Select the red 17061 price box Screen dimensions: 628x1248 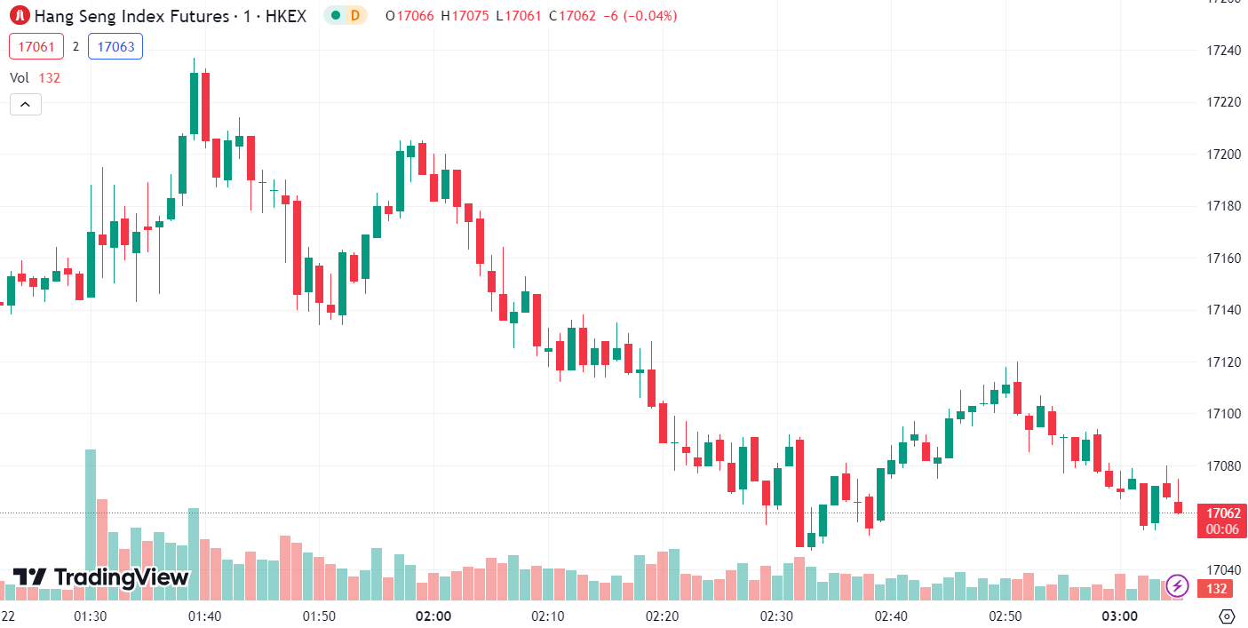[36, 46]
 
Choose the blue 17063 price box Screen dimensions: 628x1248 [115, 46]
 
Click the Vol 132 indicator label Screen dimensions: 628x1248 [36, 78]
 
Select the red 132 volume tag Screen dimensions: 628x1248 [1217, 589]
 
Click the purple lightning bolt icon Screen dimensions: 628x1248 [1177, 585]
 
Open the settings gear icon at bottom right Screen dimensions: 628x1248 [1227, 616]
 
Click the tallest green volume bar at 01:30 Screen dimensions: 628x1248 [90, 524]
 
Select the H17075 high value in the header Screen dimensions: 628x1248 [469, 16]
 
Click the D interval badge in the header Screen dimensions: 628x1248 [354, 15]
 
